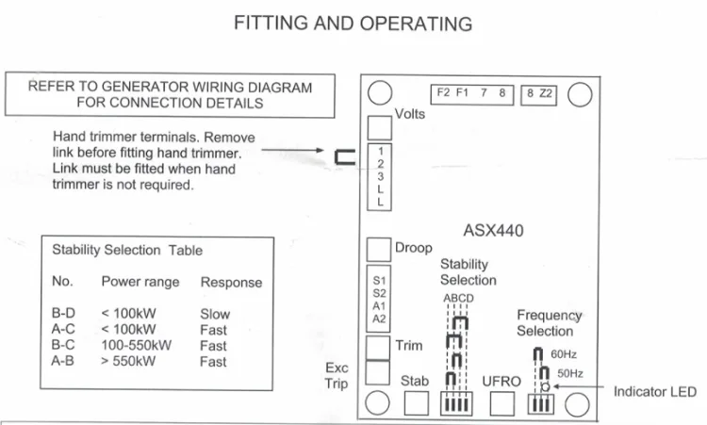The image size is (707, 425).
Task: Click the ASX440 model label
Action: coord(493,230)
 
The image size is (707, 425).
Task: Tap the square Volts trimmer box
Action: coord(379,127)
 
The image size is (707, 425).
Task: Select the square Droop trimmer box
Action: coord(378,249)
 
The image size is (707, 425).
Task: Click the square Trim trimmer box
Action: coord(378,346)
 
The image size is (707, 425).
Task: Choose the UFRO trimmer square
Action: coord(502,404)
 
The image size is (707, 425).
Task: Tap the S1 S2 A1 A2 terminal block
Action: coord(379,299)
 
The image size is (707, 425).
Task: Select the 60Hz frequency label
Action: coord(563,354)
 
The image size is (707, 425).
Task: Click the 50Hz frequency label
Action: coord(569,374)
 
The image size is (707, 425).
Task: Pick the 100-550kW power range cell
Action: coord(136,344)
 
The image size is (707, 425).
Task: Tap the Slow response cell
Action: coord(215,314)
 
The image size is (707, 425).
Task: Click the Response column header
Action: coord(231,282)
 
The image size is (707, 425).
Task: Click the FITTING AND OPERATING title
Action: coord(353,23)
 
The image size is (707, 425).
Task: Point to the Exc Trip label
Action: coord(337,375)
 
